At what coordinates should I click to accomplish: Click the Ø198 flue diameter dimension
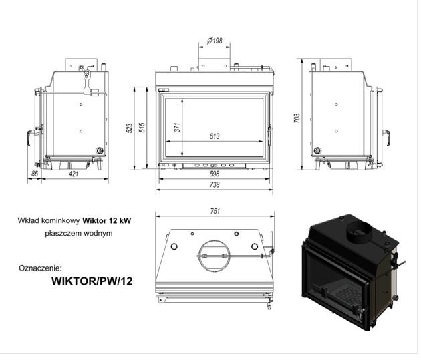click(215, 41)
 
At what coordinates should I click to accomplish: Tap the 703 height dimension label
click(297, 118)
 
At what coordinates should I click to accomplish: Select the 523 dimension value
click(130, 128)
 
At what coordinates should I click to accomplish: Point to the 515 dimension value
click(142, 127)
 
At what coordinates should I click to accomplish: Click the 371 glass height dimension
click(177, 127)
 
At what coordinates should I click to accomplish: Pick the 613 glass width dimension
click(215, 136)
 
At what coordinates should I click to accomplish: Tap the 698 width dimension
click(215, 174)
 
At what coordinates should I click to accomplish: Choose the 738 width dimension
click(215, 185)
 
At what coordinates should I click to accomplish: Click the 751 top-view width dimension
click(215, 211)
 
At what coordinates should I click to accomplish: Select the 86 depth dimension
click(35, 174)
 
